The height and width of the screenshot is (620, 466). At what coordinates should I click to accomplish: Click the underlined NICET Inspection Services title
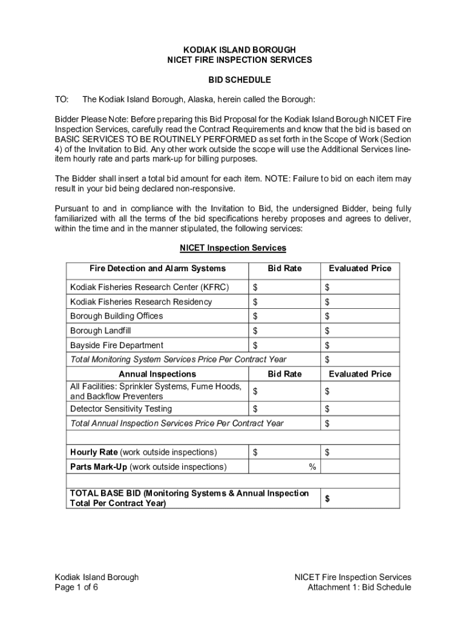[x=233, y=248]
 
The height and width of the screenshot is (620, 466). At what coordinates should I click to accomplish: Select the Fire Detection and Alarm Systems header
[x=157, y=268]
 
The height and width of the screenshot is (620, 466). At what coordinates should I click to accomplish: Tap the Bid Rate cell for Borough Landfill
[x=284, y=331]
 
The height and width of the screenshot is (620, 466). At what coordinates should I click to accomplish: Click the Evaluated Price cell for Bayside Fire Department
[x=360, y=345]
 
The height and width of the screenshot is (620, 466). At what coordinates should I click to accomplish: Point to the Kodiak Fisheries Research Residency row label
[x=141, y=302]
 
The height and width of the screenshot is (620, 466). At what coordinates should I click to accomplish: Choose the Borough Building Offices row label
[x=116, y=316]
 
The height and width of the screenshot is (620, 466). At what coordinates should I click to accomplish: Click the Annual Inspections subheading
[x=157, y=374]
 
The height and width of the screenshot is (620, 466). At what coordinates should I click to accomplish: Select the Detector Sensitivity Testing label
[x=121, y=409]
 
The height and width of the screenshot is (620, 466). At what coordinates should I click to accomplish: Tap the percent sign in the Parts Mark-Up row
[x=312, y=467]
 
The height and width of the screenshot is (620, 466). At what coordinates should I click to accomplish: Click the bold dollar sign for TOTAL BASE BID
[x=328, y=498]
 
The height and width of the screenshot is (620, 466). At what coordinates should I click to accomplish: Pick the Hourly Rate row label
[x=143, y=452]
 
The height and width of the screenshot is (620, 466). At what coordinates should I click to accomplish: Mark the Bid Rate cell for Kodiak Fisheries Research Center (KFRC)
[x=284, y=286]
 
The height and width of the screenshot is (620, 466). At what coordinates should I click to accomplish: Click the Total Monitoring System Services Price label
[x=179, y=360]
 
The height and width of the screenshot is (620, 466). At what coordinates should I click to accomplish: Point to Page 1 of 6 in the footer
[x=76, y=587]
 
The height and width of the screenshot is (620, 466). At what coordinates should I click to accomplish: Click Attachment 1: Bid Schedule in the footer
[x=359, y=587]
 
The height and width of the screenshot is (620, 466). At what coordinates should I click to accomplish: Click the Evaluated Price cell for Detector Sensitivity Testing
[x=360, y=409]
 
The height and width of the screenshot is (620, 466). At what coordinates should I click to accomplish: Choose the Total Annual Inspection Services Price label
[x=177, y=423]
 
